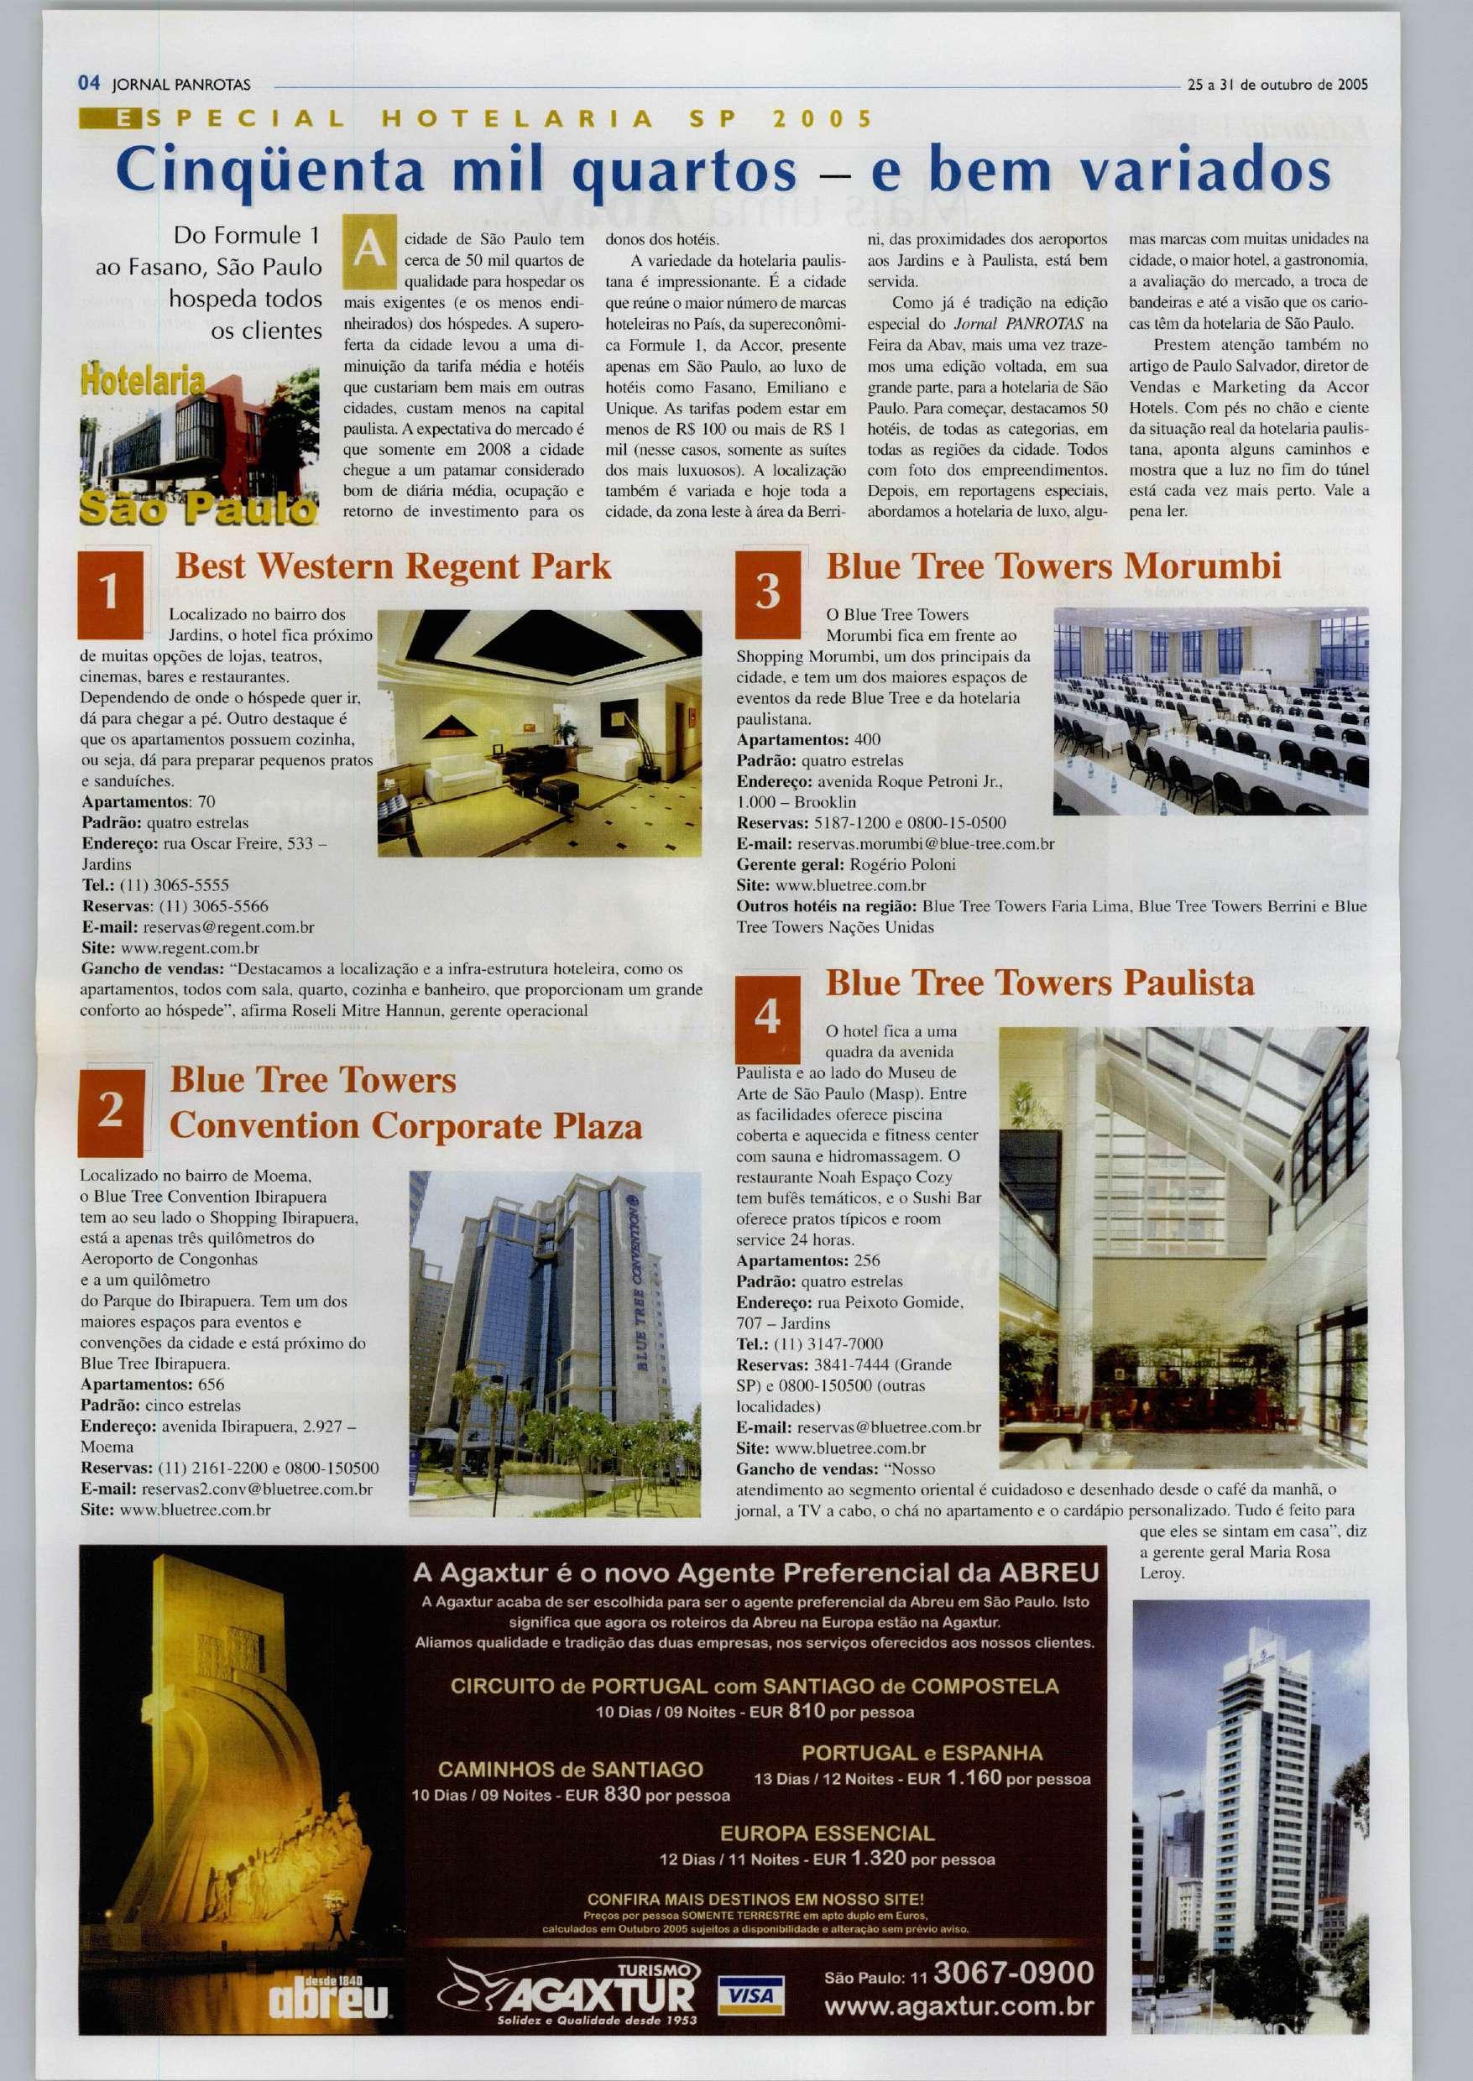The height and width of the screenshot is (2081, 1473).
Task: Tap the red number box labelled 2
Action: coord(110,1111)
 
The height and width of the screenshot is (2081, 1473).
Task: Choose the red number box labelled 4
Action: coord(767,1020)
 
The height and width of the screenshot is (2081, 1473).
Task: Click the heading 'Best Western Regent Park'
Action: coord(394,567)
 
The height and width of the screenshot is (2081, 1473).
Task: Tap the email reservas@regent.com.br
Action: coord(227,927)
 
